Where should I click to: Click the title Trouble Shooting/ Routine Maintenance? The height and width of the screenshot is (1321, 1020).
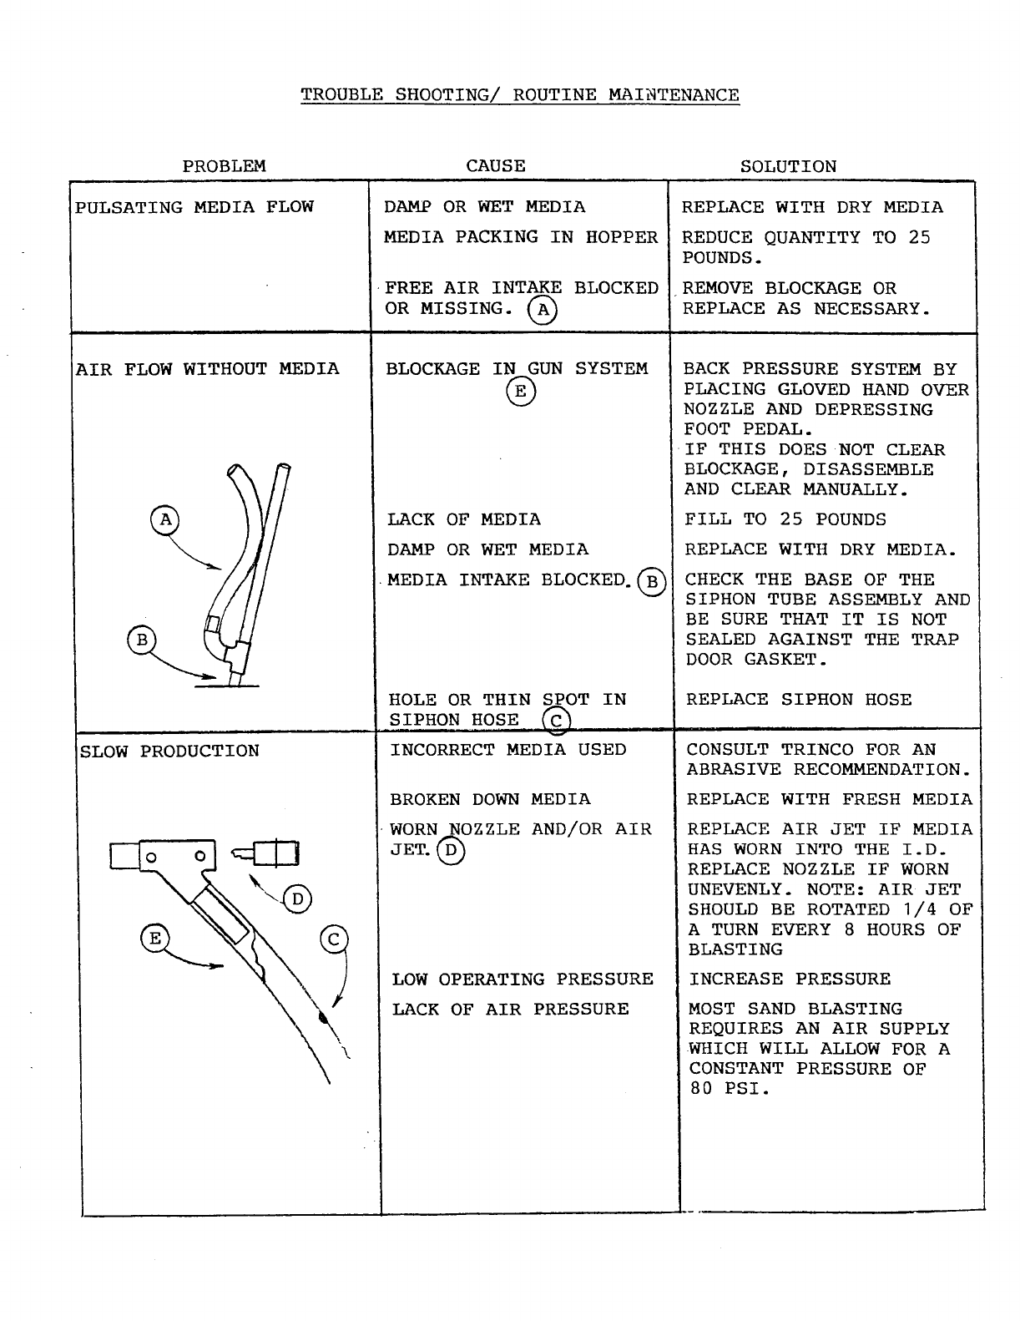[x=519, y=94]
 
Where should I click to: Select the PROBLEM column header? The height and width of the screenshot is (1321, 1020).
[x=224, y=166]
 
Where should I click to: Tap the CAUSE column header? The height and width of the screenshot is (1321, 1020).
[x=496, y=166]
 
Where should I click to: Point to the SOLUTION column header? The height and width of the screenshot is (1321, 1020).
[x=788, y=167]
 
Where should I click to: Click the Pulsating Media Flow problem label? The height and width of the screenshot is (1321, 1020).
[x=194, y=207]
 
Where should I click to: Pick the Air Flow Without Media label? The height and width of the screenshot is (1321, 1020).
[x=208, y=369]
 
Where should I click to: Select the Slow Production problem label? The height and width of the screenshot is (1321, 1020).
[x=169, y=751]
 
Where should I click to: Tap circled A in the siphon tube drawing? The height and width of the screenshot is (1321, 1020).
[x=165, y=519]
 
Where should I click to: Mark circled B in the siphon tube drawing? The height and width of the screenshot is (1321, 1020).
[x=141, y=640]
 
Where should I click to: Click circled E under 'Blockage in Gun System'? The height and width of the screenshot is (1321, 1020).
[x=521, y=391]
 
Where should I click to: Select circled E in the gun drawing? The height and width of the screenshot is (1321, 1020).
[x=154, y=939]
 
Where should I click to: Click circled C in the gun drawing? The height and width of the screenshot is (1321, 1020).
[x=334, y=940]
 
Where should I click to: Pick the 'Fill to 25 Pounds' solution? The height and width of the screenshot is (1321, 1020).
[x=785, y=519]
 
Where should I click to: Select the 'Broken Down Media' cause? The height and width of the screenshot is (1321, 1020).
[x=490, y=799]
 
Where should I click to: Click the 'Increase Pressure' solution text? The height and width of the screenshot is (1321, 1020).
[x=790, y=979]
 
